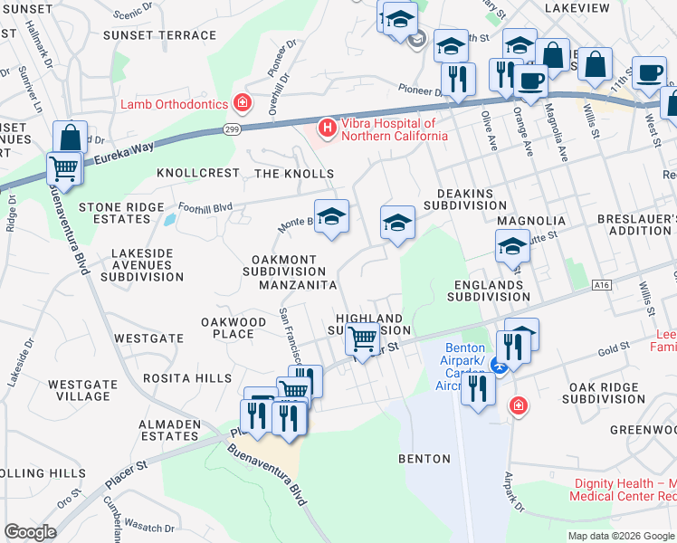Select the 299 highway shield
(x=233, y=129)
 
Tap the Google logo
(x=31, y=532)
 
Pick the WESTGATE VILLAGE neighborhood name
(x=81, y=390)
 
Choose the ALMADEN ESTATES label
(x=169, y=430)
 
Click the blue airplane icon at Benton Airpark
(x=496, y=366)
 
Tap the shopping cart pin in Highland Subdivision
(x=362, y=339)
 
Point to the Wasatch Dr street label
(x=150, y=528)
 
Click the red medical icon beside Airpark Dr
(x=517, y=405)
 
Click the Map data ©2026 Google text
(x=621, y=536)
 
